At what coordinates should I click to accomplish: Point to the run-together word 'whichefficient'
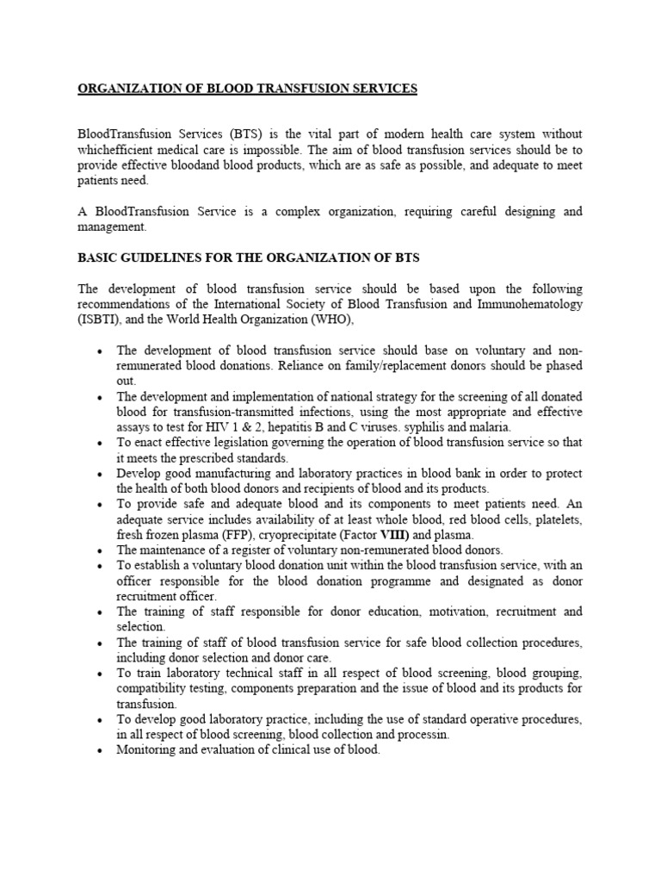(119, 149)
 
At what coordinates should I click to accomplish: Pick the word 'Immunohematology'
(528, 305)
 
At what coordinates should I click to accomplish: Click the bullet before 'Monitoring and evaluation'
(102, 750)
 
